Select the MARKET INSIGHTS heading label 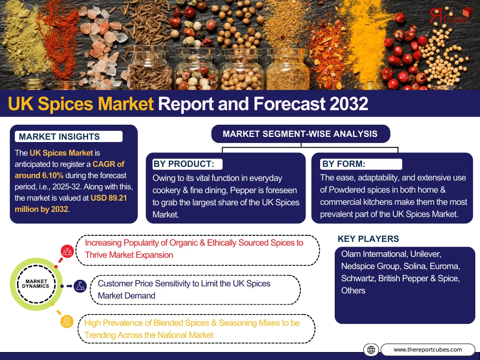(x=60, y=136)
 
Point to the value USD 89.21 (x=109, y=198)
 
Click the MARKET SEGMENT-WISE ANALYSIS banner (x=300, y=134)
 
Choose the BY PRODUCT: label (x=184, y=164)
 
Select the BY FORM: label (x=344, y=164)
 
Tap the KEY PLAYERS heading (x=368, y=239)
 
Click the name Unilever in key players (x=426, y=254)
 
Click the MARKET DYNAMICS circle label (x=36, y=284)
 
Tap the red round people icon (x=67, y=251)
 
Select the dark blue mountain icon (x=80, y=286)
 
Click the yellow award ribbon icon (x=67, y=322)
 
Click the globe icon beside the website (x=371, y=350)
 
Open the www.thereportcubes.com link (x=427, y=350)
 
